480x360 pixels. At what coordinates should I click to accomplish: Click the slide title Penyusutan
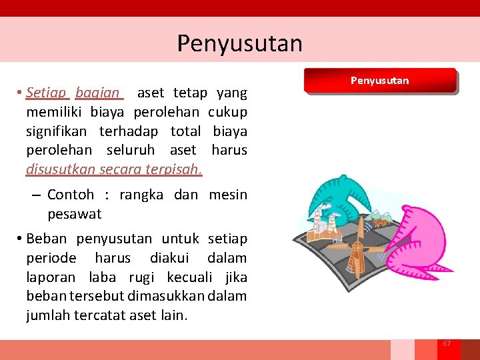pos(239,43)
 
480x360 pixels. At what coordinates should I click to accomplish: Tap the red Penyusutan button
pos(379,81)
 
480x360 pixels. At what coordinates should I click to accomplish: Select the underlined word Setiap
pos(48,92)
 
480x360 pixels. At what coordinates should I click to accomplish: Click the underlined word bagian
pos(97,92)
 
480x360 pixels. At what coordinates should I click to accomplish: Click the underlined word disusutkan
pos(61,169)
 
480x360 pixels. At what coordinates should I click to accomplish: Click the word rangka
pos(142,195)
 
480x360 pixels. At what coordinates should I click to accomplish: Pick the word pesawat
pos(75,214)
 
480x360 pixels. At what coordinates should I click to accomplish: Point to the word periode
pos(51,258)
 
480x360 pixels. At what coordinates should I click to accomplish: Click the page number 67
pos(447,343)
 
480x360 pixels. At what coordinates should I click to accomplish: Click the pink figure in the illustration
pos(414,240)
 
